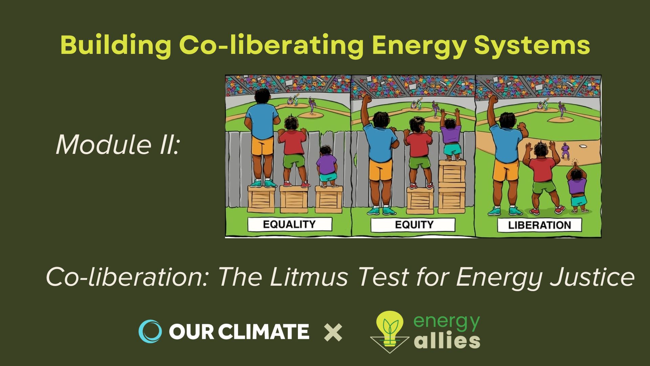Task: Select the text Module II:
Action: tap(117, 145)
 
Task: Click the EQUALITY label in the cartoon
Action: tap(289, 224)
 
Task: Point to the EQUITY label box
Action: tap(413, 225)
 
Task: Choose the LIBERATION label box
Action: tap(539, 225)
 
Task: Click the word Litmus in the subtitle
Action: tap(309, 277)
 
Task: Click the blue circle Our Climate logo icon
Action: tap(150, 331)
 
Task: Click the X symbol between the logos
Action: tap(333, 332)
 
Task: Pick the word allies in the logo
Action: tap(447, 341)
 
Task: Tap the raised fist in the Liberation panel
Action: tap(493, 100)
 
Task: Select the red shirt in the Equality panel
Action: tap(292, 142)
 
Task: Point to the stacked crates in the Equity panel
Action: tap(452, 187)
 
